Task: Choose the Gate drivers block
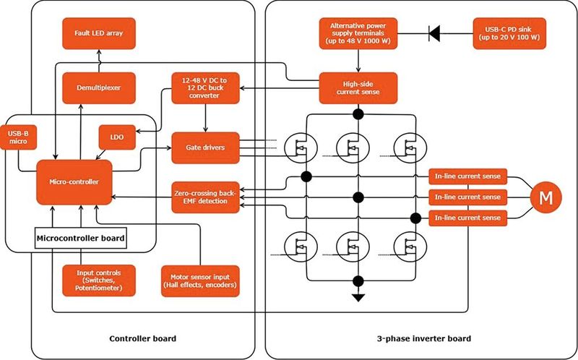204,147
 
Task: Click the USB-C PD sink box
509,33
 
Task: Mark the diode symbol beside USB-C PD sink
435,33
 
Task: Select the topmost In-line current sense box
469,176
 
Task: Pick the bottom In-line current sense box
469,218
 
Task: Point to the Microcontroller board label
81,236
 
